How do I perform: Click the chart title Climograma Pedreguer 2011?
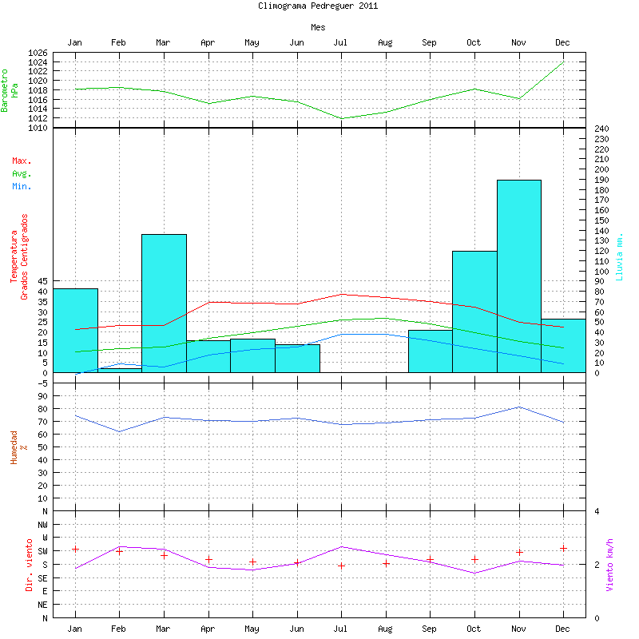(318, 6)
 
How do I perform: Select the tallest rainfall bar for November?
(518, 276)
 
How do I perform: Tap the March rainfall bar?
(164, 303)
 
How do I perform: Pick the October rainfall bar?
(474, 312)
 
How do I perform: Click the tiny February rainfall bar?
(119, 370)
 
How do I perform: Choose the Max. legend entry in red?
(22, 161)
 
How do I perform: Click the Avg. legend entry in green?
(22, 174)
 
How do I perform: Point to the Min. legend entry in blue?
(22, 187)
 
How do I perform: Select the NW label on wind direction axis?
(42, 524)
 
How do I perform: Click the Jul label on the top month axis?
(340, 42)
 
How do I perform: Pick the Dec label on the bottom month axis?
(563, 629)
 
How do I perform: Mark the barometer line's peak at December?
(563, 62)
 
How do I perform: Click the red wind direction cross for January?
(75, 549)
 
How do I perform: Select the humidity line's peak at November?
(518, 407)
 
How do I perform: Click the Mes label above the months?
(318, 27)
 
